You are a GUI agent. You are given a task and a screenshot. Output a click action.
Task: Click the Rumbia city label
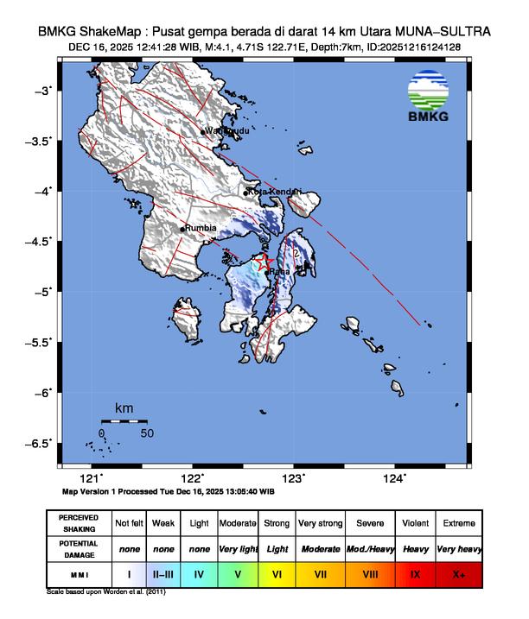pos(201,228)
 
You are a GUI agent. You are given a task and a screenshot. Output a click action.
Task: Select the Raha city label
pos(279,272)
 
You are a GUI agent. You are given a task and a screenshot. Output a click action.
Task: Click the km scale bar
pos(124,421)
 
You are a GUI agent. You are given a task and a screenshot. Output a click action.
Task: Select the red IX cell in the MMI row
pos(416,572)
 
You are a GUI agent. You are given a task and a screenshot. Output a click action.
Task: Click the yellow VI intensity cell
pos(277,572)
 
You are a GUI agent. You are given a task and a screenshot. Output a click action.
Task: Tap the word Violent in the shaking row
pos(416,523)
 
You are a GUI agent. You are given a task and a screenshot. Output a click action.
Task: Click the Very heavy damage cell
pos(458,548)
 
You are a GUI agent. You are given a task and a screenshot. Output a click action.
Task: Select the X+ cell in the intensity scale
pos(458,572)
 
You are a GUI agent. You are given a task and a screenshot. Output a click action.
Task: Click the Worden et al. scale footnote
pos(105,592)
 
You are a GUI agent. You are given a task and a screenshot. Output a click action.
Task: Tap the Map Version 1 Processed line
pos(169,491)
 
